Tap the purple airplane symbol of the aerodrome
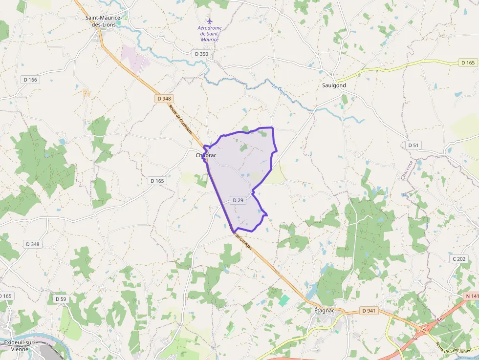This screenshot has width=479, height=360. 210,21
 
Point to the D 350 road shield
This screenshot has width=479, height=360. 201,54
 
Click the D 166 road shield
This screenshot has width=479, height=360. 30,80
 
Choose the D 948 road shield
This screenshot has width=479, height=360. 165,98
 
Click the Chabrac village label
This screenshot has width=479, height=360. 206,155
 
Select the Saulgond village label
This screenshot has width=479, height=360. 334,85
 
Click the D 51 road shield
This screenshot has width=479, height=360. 414,145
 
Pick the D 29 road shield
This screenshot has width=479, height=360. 238,200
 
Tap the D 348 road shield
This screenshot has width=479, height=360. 32,244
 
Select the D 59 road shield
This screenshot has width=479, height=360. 61,299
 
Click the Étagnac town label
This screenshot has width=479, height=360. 324,311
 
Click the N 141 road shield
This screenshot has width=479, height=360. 472,296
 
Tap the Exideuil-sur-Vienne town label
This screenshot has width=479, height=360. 19,346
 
